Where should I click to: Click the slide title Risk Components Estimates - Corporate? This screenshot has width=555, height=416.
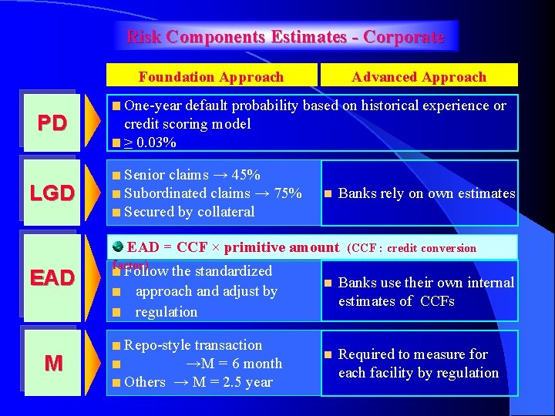point(285,37)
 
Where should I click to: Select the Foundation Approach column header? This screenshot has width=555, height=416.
point(211,77)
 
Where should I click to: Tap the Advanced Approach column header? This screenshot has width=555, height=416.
point(419,77)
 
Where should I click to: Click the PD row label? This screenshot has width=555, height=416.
point(53,123)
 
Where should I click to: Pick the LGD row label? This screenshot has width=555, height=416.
point(53,193)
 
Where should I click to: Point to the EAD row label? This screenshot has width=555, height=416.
point(53,277)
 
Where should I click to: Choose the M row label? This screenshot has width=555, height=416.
point(53,363)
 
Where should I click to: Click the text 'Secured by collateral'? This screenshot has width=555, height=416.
point(189,212)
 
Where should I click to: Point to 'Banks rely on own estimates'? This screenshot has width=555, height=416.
point(426,193)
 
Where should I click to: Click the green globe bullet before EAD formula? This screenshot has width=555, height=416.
point(117,247)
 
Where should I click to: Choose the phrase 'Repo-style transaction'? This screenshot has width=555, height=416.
point(193,345)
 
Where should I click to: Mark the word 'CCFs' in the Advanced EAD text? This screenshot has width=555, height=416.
point(437,301)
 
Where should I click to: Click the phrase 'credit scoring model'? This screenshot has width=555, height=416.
point(187,124)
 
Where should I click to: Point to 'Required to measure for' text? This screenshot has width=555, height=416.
point(413,354)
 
